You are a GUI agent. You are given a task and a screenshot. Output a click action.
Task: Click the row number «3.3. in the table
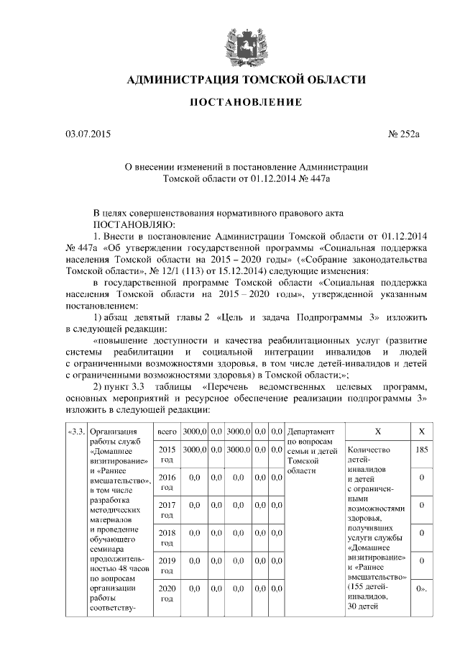click(x=75, y=432)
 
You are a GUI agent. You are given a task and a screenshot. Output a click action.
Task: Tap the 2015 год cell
click(x=167, y=454)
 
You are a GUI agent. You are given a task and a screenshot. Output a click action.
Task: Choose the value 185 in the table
click(x=423, y=450)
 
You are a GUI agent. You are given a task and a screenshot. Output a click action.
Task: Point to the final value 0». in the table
click(x=423, y=588)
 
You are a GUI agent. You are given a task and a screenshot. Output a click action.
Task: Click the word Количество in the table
click(x=368, y=450)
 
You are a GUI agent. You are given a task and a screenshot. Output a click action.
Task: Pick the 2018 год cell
click(x=167, y=537)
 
